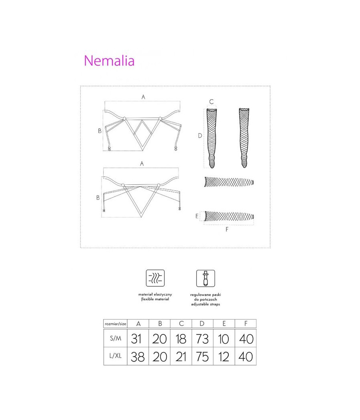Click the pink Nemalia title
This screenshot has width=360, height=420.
[x=109, y=60]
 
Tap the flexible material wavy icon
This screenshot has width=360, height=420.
[x=155, y=278]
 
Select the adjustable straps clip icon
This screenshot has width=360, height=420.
[x=206, y=278]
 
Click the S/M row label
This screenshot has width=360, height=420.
[x=116, y=338]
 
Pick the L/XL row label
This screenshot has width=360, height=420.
[x=116, y=356]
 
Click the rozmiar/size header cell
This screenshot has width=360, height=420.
[x=116, y=324]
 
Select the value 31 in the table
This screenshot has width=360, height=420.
[x=136, y=339]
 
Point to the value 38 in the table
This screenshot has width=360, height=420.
[x=138, y=357]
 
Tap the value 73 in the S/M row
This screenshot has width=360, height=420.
[x=202, y=339]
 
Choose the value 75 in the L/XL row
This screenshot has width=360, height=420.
[x=202, y=357]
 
